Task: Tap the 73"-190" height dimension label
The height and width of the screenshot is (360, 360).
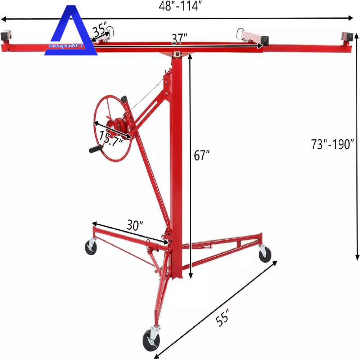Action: [x=333, y=144]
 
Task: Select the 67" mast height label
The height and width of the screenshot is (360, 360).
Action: [x=202, y=156]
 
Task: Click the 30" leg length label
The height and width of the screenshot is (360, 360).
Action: [x=135, y=225]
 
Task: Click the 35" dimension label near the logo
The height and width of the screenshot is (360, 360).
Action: [x=99, y=30]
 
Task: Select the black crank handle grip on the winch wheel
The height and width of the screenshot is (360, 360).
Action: [x=96, y=149]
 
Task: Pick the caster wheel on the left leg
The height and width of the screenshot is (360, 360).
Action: [x=91, y=248]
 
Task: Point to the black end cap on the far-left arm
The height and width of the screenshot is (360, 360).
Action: [x=7, y=36]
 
